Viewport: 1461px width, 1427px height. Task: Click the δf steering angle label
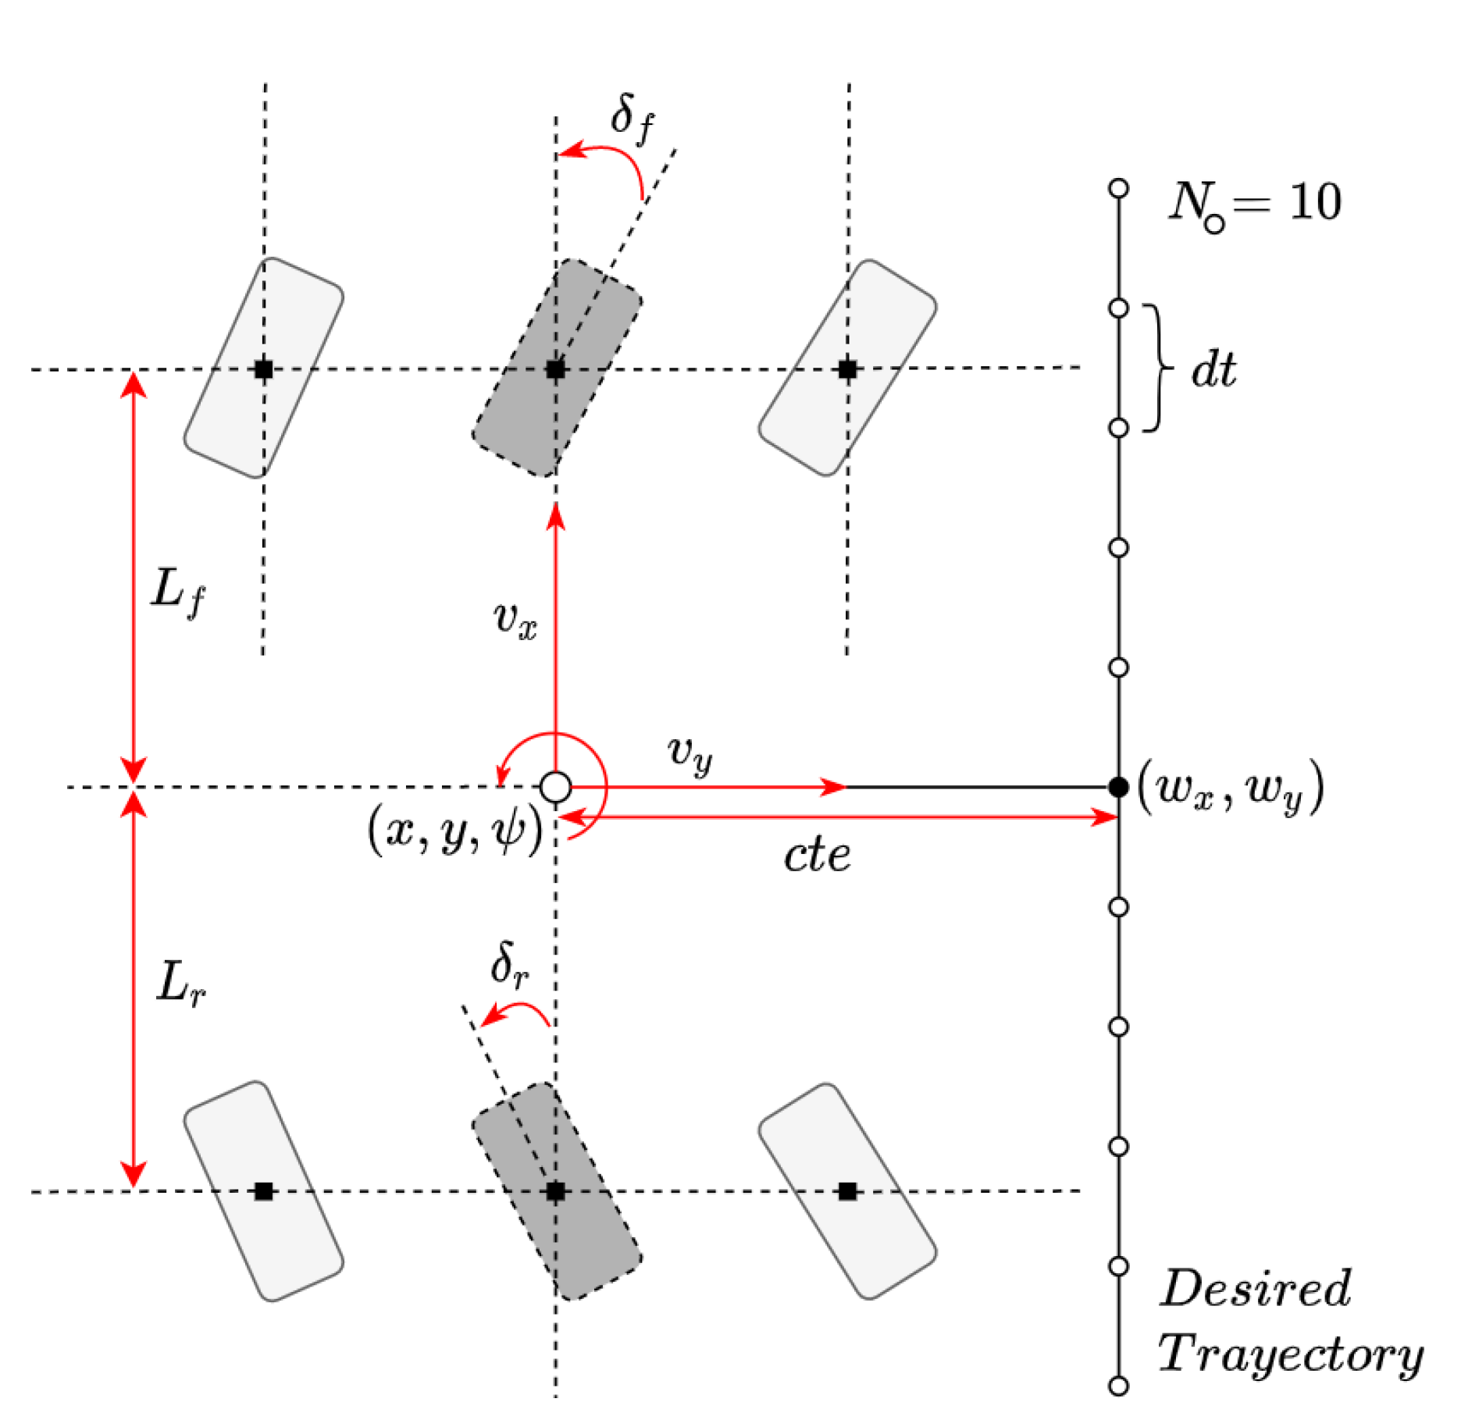tap(631, 119)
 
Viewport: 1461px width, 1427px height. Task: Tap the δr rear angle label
tap(510, 966)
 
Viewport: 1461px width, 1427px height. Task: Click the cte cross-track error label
tap(817, 856)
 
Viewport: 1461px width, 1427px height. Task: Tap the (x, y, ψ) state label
tap(455, 831)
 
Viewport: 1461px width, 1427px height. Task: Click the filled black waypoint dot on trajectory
tap(1118, 787)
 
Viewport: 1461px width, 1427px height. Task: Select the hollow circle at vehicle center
tap(555, 787)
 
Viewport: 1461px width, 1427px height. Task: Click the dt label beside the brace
tap(1213, 369)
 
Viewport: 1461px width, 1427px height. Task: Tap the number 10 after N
tap(1315, 202)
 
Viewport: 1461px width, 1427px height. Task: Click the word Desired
tap(1255, 1288)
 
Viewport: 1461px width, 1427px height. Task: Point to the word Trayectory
tap(1290, 1354)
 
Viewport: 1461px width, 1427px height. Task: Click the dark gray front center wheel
tap(557, 368)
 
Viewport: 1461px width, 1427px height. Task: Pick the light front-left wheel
tap(264, 368)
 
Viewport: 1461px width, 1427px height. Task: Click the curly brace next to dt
tap(1157, 368)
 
